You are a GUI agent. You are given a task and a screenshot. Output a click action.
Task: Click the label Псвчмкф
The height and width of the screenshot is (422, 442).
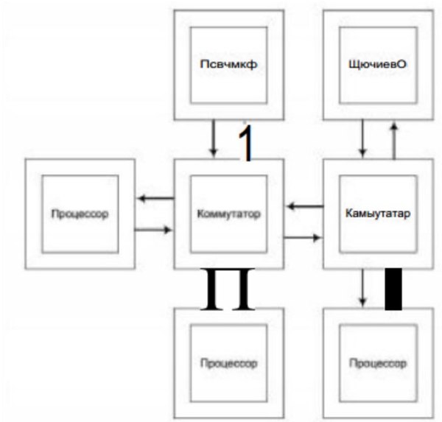[x=227, y=64]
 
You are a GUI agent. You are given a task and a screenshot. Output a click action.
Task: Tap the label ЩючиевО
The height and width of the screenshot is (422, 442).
[x=377, y=64]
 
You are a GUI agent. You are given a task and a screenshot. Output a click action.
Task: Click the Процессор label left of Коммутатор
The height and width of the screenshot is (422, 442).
[x=80, y=215]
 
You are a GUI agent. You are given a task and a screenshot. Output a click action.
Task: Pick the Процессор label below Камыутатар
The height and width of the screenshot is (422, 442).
[x=377, y=364]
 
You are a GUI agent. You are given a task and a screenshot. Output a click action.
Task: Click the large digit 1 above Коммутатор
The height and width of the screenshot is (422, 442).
[x=248, y=144]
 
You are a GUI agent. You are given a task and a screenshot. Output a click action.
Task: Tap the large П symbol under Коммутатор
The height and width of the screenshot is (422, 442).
[x=229, y=289]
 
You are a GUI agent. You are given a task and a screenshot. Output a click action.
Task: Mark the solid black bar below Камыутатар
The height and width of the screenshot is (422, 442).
[x=395, y=288]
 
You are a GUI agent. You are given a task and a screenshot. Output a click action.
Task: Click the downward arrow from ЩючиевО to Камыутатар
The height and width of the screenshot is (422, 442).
[x=361, y=138]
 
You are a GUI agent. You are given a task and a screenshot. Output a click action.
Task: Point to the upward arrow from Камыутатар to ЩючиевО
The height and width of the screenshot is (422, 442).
[x=394, y=139]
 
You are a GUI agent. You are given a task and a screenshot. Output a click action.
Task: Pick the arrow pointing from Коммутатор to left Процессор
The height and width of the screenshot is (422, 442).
[x=155, y=197]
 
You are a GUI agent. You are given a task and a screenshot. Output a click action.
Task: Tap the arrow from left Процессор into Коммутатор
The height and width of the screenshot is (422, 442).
[x=154, y=230]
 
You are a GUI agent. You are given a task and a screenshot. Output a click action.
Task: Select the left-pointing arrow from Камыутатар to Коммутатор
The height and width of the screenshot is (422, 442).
[x=304, y=206]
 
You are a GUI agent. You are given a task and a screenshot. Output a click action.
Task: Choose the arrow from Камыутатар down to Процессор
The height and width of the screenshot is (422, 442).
[x=362, y=287]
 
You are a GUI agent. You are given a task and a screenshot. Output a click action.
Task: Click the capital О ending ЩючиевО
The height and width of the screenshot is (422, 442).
[x=403, y=64]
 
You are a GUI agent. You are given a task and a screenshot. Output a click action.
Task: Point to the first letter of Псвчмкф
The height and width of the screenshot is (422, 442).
[x=203, y=64]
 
